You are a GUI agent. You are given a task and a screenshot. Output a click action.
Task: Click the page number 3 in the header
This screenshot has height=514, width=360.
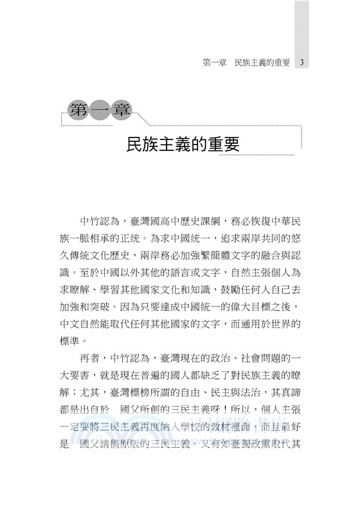click(301, 63)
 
